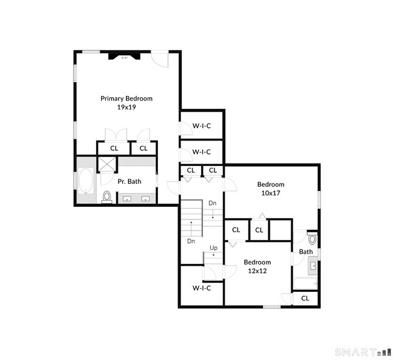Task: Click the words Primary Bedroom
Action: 126,98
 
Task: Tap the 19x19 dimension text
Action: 126,107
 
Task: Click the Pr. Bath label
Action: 129,181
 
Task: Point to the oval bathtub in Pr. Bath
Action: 85,182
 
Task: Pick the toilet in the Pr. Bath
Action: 107,197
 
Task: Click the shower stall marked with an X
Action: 107,164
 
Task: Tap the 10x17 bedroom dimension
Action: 270,193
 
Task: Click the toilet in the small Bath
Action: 312,240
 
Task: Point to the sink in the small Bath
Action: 314,266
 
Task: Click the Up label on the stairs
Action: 213,247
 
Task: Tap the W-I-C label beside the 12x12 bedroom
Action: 201,288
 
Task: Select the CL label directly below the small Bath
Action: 305,298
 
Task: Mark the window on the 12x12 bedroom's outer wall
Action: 272,306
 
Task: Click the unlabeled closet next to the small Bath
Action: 281,230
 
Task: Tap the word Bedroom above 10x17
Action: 270,184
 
